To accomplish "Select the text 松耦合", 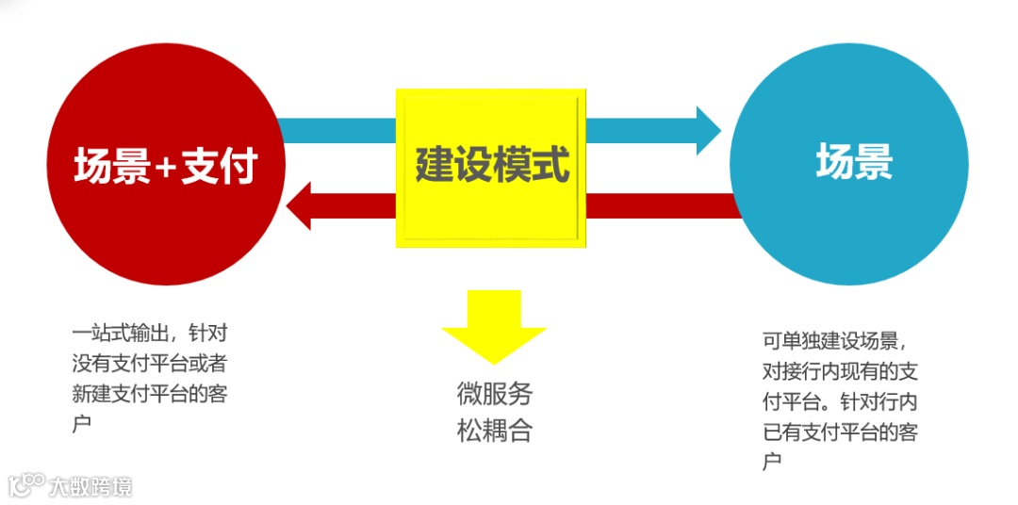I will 494,432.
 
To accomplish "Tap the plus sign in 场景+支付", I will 165,169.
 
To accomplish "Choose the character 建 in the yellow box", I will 435,166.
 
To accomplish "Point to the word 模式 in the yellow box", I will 532,166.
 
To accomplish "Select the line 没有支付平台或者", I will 149,363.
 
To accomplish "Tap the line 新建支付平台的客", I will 149,394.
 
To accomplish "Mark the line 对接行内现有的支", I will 840,370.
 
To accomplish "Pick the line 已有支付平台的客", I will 840,432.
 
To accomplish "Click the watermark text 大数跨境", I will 91,486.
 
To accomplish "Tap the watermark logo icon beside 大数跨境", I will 26,484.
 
